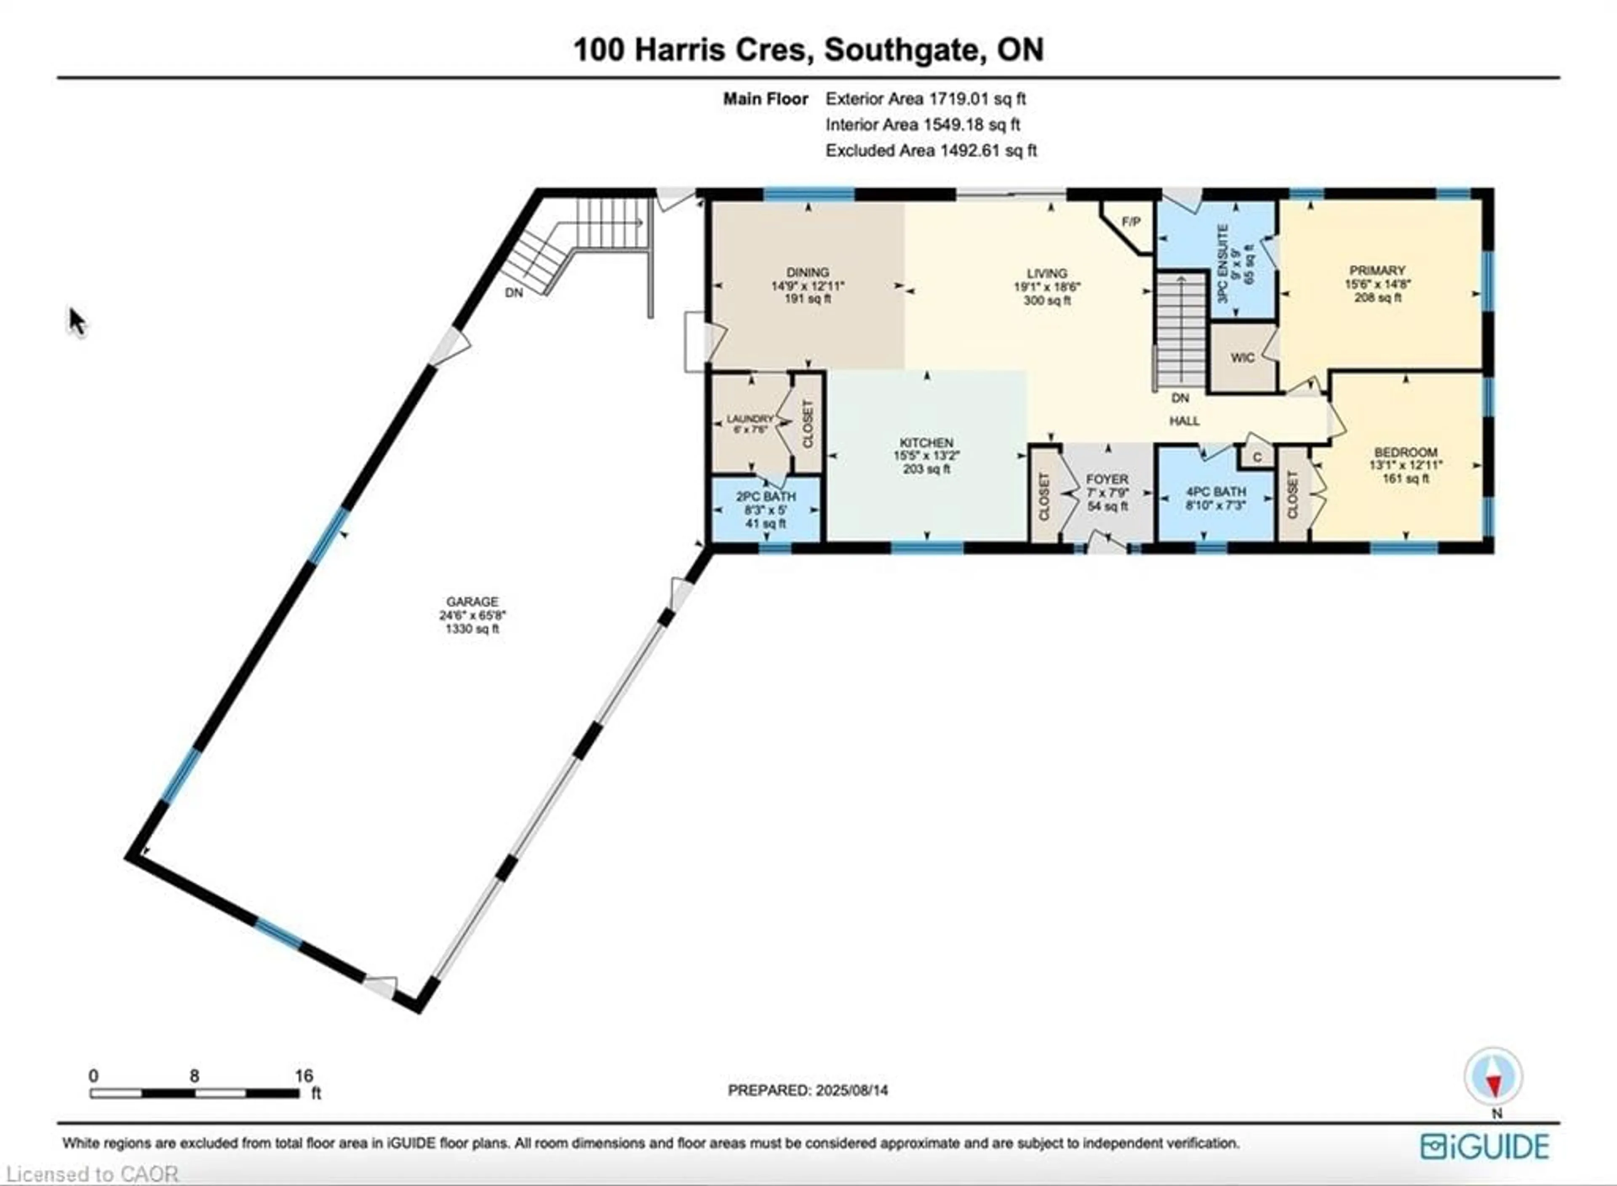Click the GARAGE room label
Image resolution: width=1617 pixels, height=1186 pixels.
[x=472, y=601]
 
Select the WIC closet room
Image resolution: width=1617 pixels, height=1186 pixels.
[x=1242, y=358]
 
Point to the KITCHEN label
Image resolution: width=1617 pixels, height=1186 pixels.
[x=926, y=443]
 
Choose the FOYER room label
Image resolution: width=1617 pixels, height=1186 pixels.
[x=1107, y=479]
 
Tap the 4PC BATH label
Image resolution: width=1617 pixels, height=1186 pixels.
[x=1215, y=492]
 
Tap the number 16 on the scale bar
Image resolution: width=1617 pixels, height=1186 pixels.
[x=304, y=1075]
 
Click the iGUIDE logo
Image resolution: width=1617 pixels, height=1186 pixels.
[x=1484, y=1146]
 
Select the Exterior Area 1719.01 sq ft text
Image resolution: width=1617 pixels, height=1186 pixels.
[x=925, y=99]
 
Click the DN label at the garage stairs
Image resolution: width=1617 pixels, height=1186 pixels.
[x=514, y=292]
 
